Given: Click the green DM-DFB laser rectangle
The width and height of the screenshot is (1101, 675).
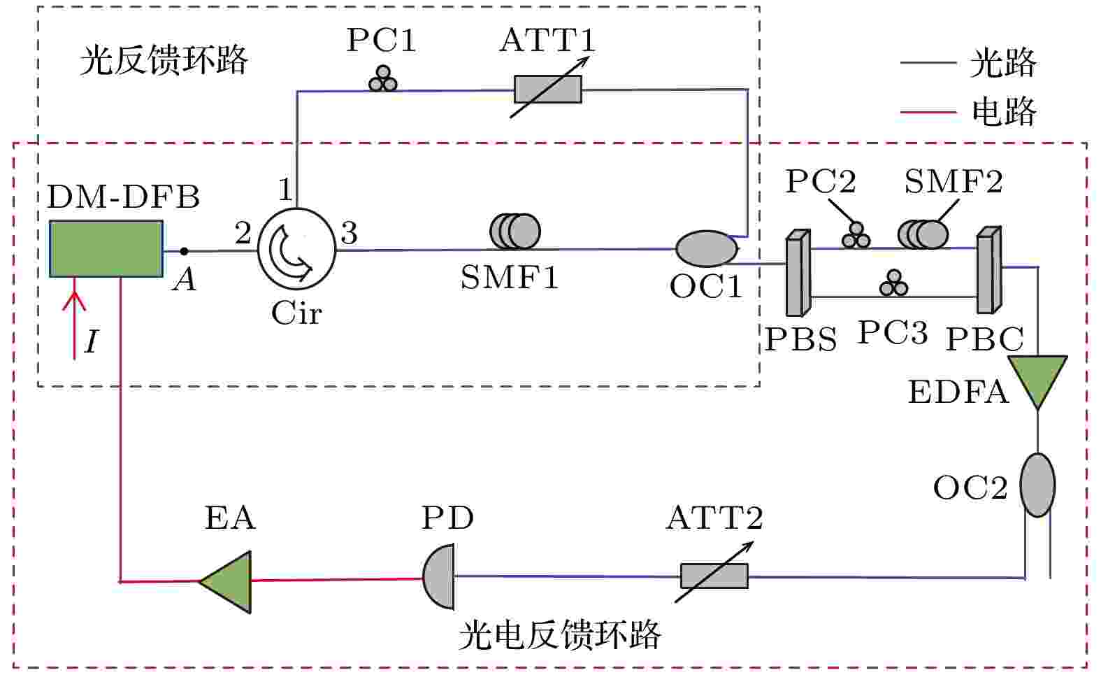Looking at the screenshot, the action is (x=106, y=249).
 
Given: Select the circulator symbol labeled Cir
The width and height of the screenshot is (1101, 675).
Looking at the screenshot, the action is (x=297, y=249).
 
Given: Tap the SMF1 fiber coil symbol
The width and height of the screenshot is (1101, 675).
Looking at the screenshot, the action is (x=515, y=232).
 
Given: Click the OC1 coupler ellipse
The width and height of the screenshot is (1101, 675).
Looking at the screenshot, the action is (x=707, y=249).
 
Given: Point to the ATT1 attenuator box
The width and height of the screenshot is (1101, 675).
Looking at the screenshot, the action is (x=548, y=89).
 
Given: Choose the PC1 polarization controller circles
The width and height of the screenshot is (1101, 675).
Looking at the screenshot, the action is (x=383, y=79).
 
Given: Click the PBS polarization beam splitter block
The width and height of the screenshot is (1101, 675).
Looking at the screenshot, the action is (x=798, y=273).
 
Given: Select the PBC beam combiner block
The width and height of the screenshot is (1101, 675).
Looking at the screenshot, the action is (x=989, y=269).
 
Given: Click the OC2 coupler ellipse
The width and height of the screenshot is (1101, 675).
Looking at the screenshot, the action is (x=1037, y=485).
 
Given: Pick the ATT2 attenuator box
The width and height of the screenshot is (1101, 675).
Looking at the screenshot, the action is (x=714, y=576).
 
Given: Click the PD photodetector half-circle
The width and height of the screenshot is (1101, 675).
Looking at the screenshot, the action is (x=438, y=576).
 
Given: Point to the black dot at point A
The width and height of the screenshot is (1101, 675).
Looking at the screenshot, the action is (x=184, y=251).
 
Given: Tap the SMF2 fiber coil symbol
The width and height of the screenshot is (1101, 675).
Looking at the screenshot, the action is (x=923, y=234).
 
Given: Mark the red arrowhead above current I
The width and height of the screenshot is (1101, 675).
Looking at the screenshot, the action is (x=74, y=301).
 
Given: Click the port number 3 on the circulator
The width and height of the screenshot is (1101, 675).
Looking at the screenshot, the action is (x=349, y=233).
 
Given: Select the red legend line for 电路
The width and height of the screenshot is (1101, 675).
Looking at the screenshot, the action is (x=928, y=112).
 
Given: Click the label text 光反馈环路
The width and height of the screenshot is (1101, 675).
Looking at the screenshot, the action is (x=164, y=60).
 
